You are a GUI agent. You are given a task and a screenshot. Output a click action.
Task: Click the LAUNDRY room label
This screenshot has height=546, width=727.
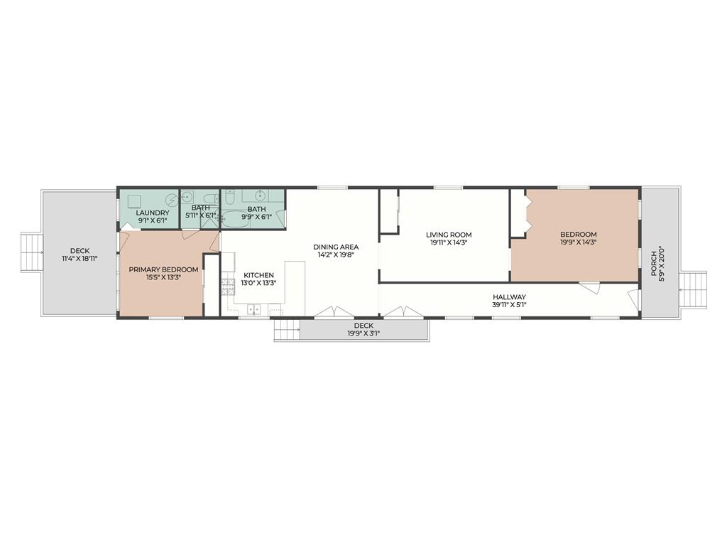coord(153,213)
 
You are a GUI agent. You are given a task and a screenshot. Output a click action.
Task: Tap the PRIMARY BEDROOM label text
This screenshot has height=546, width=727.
coord(163,269)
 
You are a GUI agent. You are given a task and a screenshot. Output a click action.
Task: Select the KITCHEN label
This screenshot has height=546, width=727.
coord(258,275)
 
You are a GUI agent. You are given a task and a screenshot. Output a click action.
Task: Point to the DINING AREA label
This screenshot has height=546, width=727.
coord(336,247)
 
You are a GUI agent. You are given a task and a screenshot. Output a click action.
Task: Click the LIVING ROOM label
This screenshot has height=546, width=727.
coord(449,235)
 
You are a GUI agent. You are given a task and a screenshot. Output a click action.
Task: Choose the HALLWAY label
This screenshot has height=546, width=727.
coord(509,297)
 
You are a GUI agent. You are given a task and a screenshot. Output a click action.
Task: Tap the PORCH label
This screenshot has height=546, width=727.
coord(653,264)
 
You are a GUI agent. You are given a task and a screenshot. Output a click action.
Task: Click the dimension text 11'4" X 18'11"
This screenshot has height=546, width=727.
coord(80,258)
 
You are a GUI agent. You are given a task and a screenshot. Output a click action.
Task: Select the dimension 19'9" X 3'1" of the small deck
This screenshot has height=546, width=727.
coord(363,333)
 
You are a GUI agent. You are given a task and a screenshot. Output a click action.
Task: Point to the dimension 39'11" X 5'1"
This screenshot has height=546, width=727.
coord(509,304)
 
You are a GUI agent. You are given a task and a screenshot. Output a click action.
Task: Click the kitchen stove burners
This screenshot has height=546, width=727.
coord(228,287)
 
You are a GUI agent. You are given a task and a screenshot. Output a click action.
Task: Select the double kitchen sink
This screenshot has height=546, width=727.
coord(253,309)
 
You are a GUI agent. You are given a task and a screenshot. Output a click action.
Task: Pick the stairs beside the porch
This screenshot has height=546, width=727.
coord(693,290)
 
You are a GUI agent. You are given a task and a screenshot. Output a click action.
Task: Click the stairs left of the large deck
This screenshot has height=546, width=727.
coord(31,252)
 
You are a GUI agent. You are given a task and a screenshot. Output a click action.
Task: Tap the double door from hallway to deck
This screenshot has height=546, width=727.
coord(403,311)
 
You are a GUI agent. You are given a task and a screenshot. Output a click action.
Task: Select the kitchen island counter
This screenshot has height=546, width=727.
coord(295,288)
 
